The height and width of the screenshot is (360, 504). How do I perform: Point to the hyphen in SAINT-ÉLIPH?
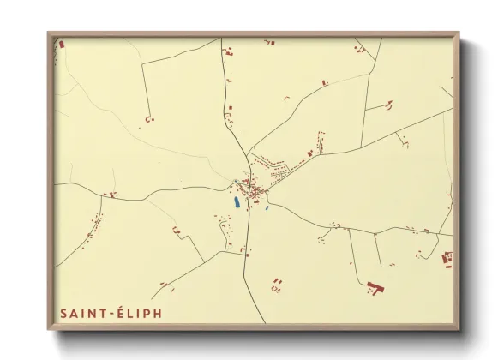click(110, 314)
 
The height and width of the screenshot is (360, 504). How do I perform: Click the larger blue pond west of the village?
click(236, 202)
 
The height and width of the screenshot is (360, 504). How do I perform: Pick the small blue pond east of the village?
click(267, 207)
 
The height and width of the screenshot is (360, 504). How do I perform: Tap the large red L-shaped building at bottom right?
click(374, 287)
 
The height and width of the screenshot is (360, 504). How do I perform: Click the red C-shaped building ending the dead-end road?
click(148, 119)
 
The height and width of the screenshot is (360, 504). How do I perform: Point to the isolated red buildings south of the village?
click(276, 282)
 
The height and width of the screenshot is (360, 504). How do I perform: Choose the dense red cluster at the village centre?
click(253, 190)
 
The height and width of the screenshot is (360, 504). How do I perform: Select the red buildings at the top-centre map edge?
click(268, 41)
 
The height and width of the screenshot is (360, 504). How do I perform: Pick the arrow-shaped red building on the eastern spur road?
click(387, 106)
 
